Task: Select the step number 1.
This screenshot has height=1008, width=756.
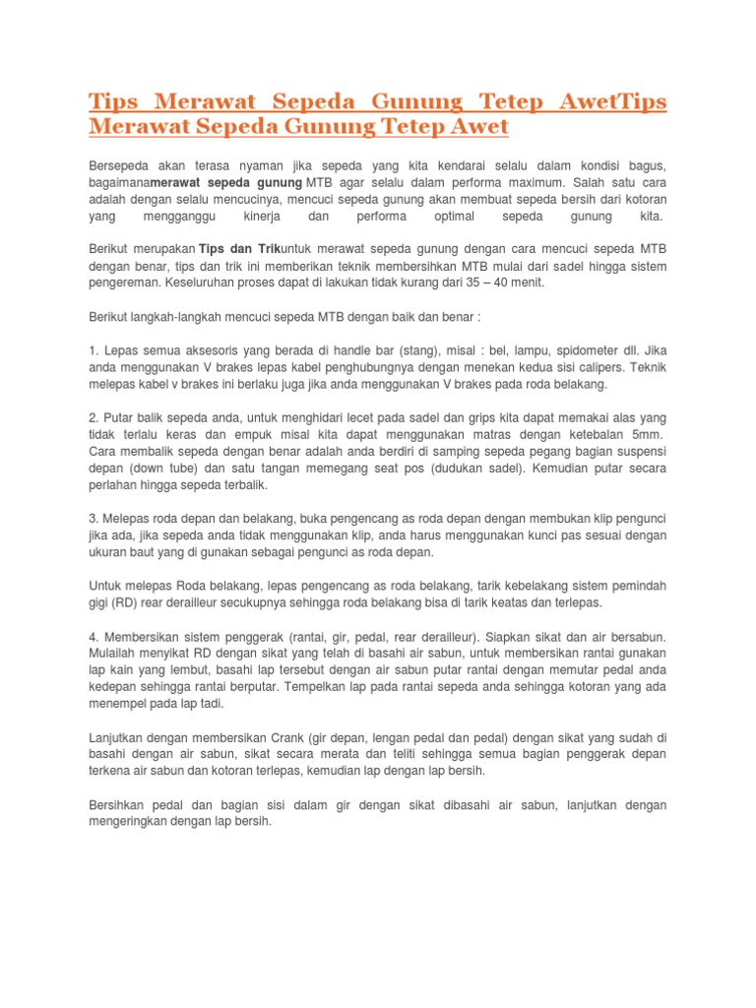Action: point(93,350)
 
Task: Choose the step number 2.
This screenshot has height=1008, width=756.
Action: point(93,417)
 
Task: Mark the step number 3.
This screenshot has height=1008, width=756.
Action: point(93,519)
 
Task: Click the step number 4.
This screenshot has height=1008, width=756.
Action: point(93,636)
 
